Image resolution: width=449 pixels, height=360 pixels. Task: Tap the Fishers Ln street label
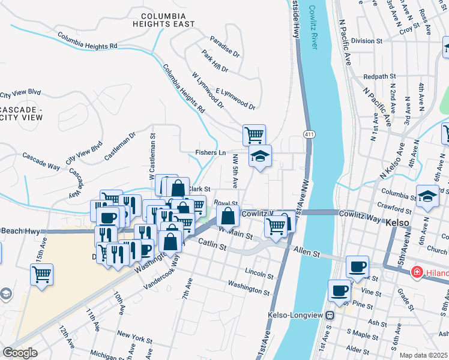210,153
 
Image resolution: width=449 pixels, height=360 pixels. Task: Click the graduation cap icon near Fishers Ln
260,157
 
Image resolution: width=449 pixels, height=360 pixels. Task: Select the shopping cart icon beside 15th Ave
42,275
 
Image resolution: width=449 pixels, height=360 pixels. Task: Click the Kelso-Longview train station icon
330,315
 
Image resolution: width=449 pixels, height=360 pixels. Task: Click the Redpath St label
381,77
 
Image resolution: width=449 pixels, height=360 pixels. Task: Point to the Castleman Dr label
120,146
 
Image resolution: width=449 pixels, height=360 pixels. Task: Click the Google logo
20,353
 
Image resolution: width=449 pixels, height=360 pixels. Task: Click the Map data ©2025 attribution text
423,355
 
